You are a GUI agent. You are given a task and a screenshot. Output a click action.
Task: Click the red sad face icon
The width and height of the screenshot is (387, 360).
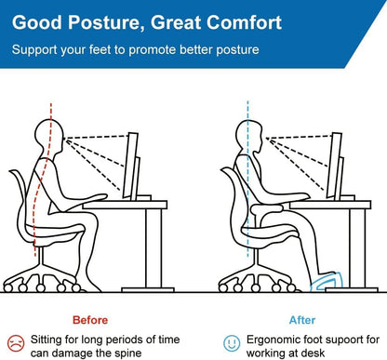15,342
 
